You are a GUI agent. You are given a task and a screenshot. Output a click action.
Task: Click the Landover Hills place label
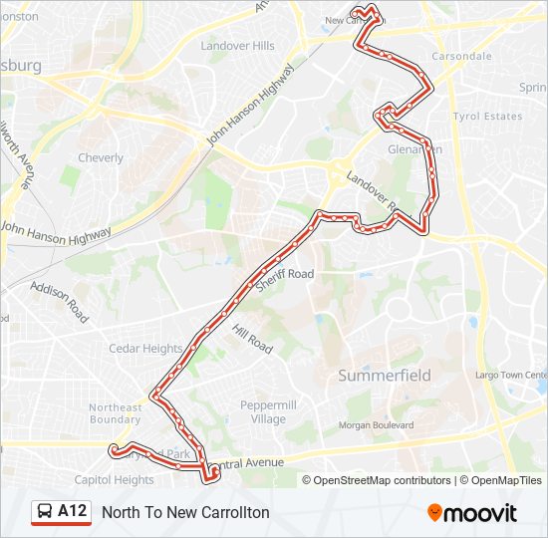pyautogui.click(x=237, y=46)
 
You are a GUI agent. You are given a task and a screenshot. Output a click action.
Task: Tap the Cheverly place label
pyautogui.click(x=101, y=157)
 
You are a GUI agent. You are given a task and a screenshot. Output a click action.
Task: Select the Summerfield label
pyautogui.click(x=385, y=376)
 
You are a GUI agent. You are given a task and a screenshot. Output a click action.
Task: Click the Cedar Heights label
pyautogui.click(x=145, y=349)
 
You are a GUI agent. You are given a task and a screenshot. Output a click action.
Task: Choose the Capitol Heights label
pyautogui.click(x=114, y=479)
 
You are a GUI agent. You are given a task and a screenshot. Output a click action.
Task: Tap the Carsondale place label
pyautogui.click(x=461, y=57)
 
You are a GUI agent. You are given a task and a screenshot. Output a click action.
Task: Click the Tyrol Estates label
pyautogui.click(x=487, y=117)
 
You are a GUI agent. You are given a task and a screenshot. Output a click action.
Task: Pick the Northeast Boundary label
pyautogui.click(x=116, y=413)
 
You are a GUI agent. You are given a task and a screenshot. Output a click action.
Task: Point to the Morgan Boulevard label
pyautogui.click(x=377, y=425)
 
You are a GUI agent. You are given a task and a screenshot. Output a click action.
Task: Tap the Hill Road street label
pyautogui.click(x=252, y=337)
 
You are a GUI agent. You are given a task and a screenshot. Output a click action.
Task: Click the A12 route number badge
pyautogui.click(x=72, y=511)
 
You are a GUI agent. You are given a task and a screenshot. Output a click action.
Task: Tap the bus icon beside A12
pyautogui.click(x=45, y=512)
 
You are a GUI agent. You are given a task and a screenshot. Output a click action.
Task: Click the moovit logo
pyautogui.click(x=472, y=513)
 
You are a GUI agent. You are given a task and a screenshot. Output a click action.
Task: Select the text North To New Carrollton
pyautogui.click(x=185, y=512)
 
